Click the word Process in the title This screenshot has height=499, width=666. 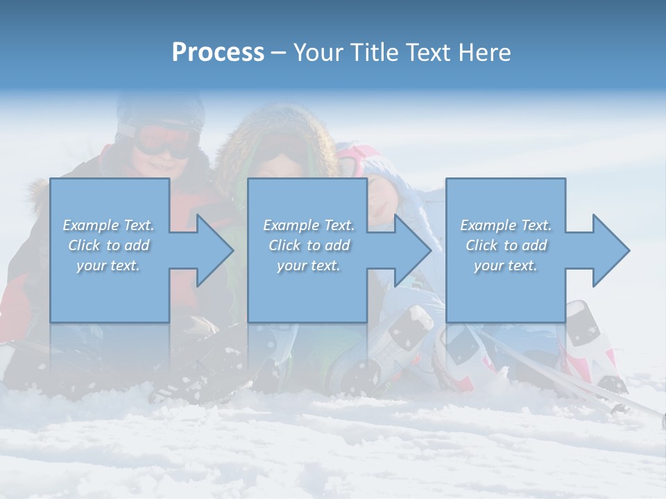tap(218, 53)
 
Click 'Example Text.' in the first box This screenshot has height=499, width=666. tap(108, 225)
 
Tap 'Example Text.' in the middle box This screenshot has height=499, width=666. tap(309, 225)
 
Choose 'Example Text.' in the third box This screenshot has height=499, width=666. tap(506, 225)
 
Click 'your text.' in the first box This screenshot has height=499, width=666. tap(108, 265)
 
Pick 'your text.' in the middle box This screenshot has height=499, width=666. tap(309, 265)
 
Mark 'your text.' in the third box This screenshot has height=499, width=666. tap(506, 265)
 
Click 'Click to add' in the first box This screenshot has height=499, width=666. tap(108, 245)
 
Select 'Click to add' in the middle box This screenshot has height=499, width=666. tap(309, 245)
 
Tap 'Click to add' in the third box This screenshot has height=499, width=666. tap(506, 245)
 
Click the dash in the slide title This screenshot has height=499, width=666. tap(278, 53)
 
